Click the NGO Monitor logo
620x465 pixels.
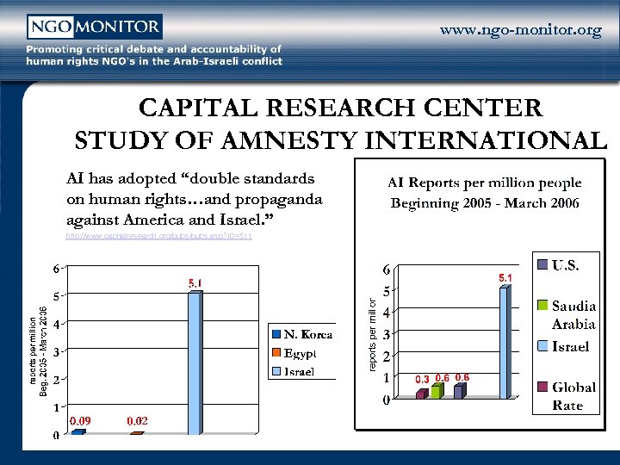tap(94, 28)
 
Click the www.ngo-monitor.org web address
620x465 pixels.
tap(520, 31)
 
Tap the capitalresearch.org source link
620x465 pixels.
tap(158, 236)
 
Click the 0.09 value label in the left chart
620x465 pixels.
tap(81, 421)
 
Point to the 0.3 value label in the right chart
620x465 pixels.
tap(422, 379)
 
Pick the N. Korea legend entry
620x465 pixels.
tap(302, 334)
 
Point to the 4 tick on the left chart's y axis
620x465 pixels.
tap(56, 325)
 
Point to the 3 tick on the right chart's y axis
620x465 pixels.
tap(387, 334)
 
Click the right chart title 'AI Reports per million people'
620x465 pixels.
tap(485, 183)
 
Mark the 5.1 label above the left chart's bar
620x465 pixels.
tap(195, 282)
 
